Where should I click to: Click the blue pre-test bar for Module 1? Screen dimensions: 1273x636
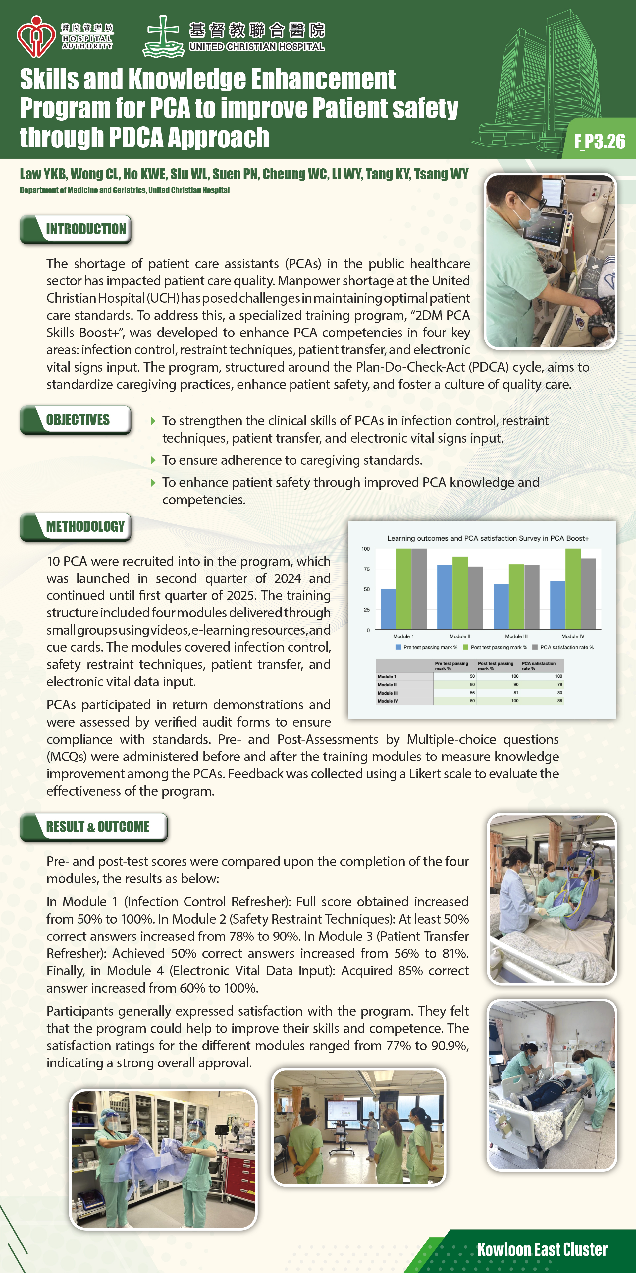point(388,609)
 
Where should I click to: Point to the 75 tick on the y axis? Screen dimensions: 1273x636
point(366,569)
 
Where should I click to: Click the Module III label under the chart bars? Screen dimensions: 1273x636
point(516,636)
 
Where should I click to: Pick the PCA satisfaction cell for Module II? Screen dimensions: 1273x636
point(559,685)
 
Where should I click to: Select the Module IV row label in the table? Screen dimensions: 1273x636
point(388,701)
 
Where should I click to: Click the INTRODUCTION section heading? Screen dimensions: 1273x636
point(86,229)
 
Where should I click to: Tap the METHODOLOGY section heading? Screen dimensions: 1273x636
point(85,527)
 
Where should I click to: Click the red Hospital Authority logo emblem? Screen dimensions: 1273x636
point(35,36)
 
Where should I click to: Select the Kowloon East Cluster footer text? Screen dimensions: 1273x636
point(542,1249)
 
